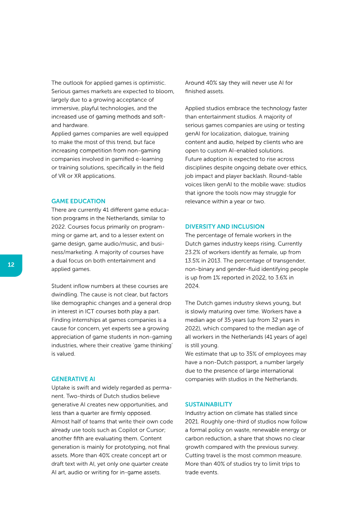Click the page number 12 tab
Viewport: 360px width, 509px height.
click(11, 265)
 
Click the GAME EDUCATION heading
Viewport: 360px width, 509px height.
click(78, 201)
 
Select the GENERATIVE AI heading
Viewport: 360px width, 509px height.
click(73, 379)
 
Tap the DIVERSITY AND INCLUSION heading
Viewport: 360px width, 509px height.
click(225, 226)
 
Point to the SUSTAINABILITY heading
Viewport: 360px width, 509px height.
click(208, 404)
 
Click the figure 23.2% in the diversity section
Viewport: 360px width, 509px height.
click(194, 252)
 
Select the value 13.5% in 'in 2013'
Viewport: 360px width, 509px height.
click(194, 261)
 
